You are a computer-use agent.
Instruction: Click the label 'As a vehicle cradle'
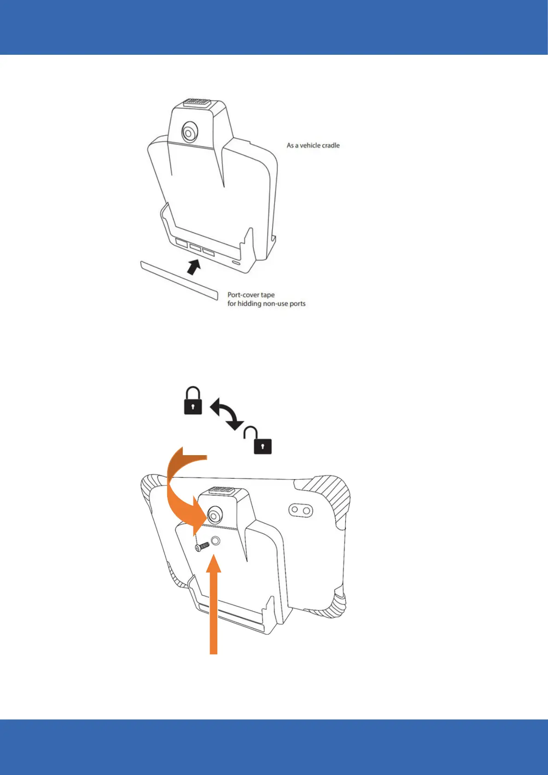point(313,145)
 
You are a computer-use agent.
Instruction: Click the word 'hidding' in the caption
point(249,304)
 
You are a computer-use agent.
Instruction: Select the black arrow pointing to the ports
point(194,266)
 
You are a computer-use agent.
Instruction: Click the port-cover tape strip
point(179,280)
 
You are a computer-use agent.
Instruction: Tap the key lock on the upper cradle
point(188,133)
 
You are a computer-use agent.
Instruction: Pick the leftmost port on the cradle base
point(181,243)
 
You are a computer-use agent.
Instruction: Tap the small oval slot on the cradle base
point(236,263)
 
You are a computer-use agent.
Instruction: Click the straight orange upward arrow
point(213,607)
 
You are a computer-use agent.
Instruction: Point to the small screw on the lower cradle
point(202,546)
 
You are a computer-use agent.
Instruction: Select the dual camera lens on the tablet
point(301,510)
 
